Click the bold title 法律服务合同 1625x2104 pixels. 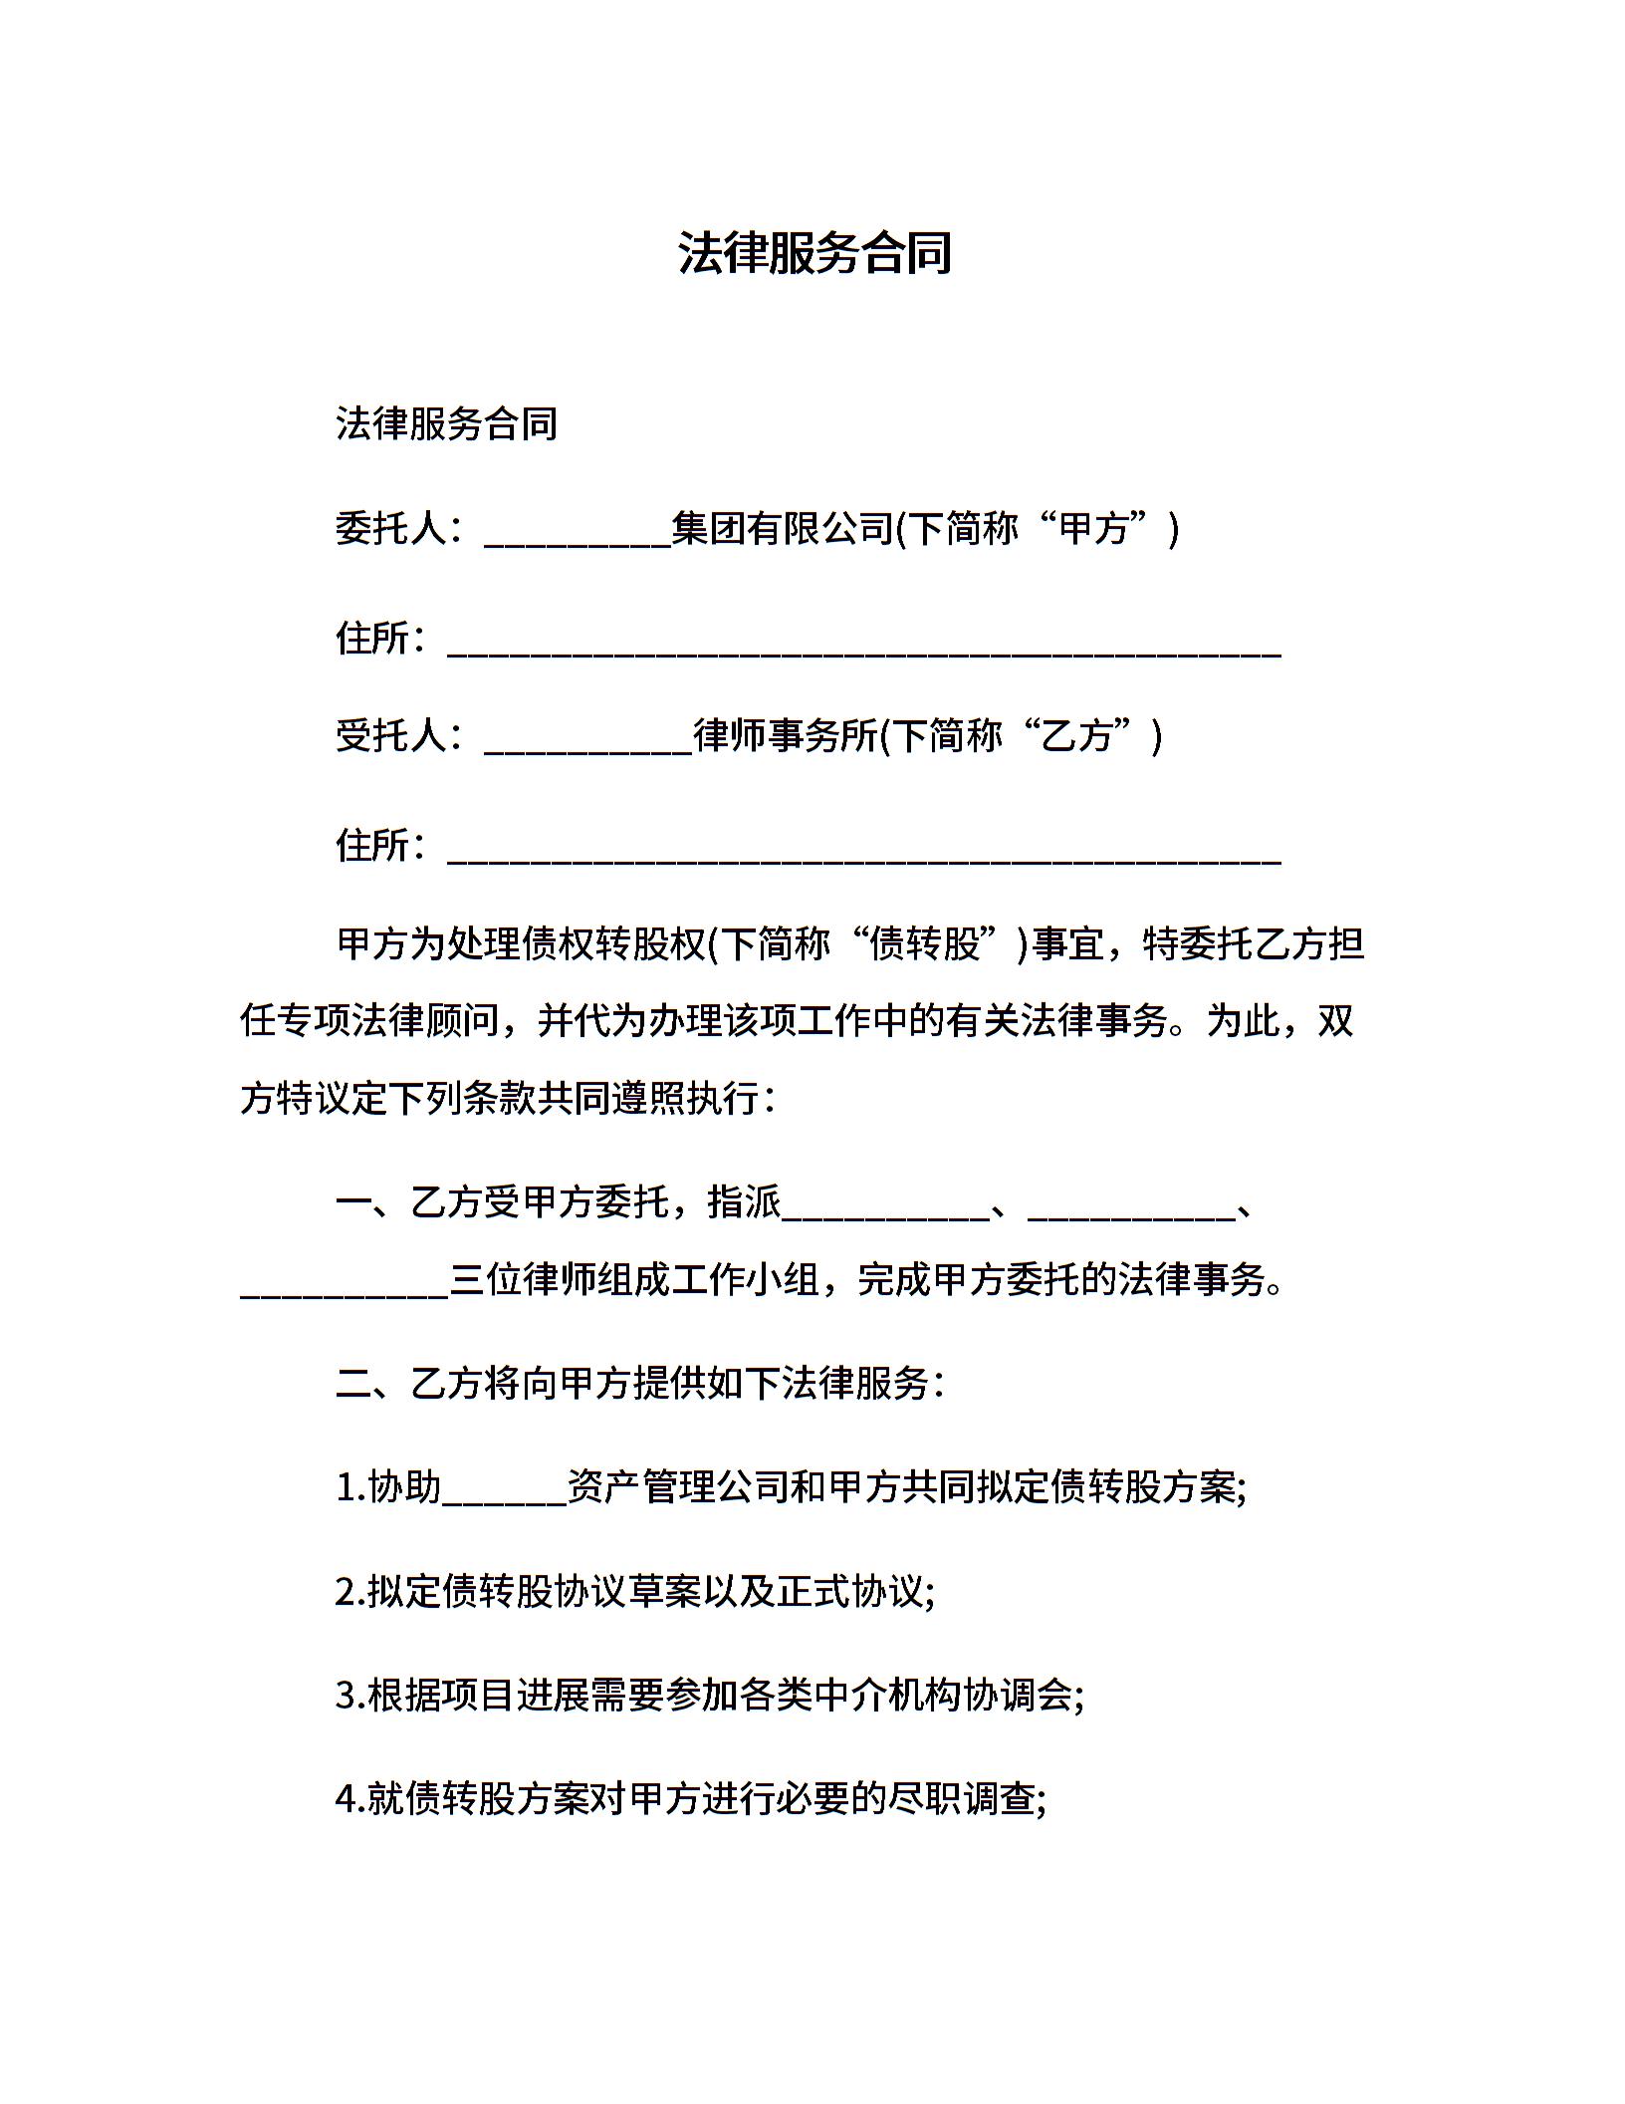point(814,253)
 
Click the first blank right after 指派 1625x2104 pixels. point(885,1208)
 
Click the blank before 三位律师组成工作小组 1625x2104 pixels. point(345,1286)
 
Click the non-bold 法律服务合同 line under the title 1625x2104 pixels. point(446,424)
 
